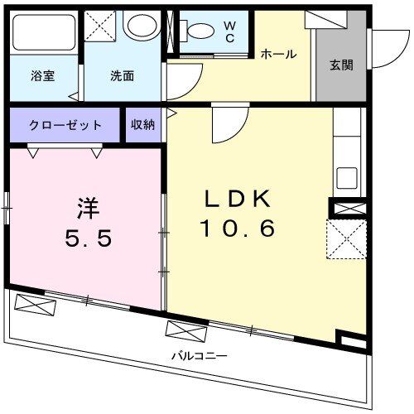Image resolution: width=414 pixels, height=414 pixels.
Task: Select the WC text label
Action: [229, 32]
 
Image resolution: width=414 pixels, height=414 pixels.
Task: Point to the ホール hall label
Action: [278, 55]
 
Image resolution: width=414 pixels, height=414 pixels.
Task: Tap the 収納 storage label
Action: [142, 125]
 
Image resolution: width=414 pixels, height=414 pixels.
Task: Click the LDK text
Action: [237, 200]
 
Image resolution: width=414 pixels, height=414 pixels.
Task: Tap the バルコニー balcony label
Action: [200, 356]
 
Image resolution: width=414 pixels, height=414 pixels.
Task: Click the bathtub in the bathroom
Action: [44, 31]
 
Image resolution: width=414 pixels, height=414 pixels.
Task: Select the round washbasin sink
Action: [138, 26]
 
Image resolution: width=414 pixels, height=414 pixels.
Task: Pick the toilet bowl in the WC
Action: [199, 31]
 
